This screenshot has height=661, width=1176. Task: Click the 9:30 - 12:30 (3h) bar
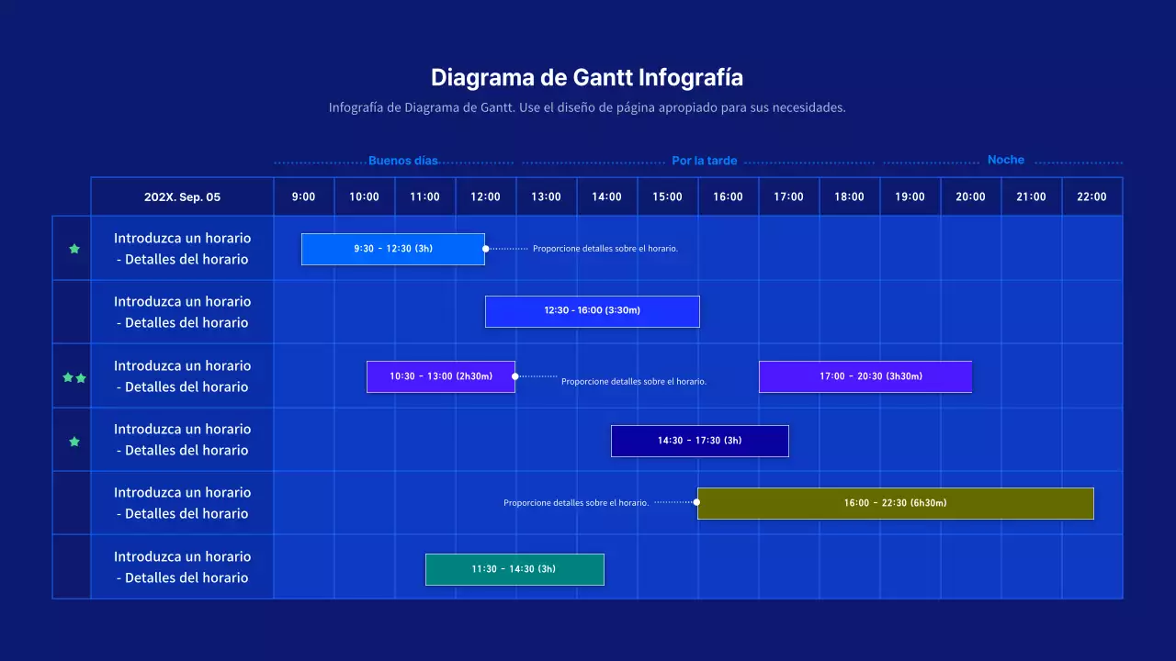[x=393, y=249]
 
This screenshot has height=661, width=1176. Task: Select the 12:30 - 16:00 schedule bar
[x=592, y=311]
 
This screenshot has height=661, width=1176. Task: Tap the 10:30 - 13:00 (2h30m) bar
[x=440, y=376]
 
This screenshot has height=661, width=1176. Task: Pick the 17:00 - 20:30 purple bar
[x=865, y=376]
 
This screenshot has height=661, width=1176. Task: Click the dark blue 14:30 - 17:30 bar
[x=699, y=441]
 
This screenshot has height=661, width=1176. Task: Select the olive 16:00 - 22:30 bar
[x=895, y=503]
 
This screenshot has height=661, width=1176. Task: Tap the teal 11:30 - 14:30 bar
[x=514, y=569]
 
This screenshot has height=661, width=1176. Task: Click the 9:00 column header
[x=303, y=196]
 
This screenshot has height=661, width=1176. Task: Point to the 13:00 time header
[x=546, y=196]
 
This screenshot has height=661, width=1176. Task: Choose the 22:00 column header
[x=1091, y=196]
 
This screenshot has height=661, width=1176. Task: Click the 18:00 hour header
[x=849, y=196]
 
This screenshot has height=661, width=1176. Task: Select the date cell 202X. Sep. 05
[x=182, y=196]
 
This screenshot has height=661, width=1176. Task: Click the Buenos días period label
[x=403, y=161]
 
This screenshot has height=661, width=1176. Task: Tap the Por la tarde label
[x=704, y=161]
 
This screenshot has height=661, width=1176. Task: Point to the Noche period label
[x=1005, y=160]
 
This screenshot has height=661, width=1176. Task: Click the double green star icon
[x=74, y=377]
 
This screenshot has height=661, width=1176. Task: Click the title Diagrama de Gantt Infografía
[x=587, y=77]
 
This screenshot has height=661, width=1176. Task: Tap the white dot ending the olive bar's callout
[x=696, y=502]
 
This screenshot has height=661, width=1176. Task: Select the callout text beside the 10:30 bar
[x=634, y=381]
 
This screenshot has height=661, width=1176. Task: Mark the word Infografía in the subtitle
[x=356, y=107]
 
